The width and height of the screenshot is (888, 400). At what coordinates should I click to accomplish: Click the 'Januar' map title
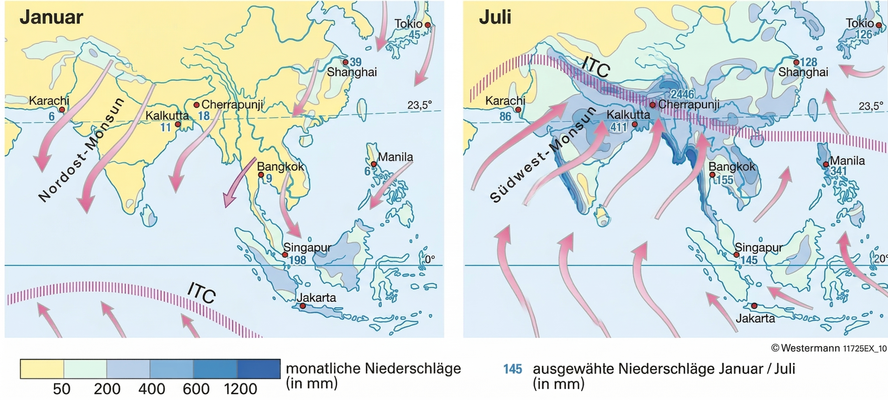click(x=51, y=17)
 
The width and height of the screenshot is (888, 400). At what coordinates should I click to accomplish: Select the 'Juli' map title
click(x=495, y=17)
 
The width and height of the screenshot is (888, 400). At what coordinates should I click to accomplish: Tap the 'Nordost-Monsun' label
click(x=81, y=150)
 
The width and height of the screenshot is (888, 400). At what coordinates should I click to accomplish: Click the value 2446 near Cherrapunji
click(x=682, y=94)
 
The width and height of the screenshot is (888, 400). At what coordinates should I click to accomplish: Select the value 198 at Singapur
click(x=298, y=260)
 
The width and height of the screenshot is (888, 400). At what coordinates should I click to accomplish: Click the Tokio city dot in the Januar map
click(x=427, y=25)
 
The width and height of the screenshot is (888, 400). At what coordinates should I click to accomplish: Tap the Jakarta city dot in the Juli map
click(x=754, y=306)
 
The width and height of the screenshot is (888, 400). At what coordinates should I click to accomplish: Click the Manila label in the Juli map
click(x=847, y=161)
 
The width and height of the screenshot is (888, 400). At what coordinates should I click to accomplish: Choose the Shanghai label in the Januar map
click(x=352, y=72)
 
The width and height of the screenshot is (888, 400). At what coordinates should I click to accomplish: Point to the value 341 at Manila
click(x=839, y=171)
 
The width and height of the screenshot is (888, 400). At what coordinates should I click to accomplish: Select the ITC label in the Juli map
click(x=596, y=67)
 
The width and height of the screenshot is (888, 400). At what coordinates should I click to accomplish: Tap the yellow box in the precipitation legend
click(x=42, y=369)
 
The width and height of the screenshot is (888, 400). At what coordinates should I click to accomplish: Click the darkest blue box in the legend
click(x=259, y=369)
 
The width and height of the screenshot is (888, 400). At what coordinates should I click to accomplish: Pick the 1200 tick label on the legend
click(x=240, y=389)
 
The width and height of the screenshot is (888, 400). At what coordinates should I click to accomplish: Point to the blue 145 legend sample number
click(x=513, y=369)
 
